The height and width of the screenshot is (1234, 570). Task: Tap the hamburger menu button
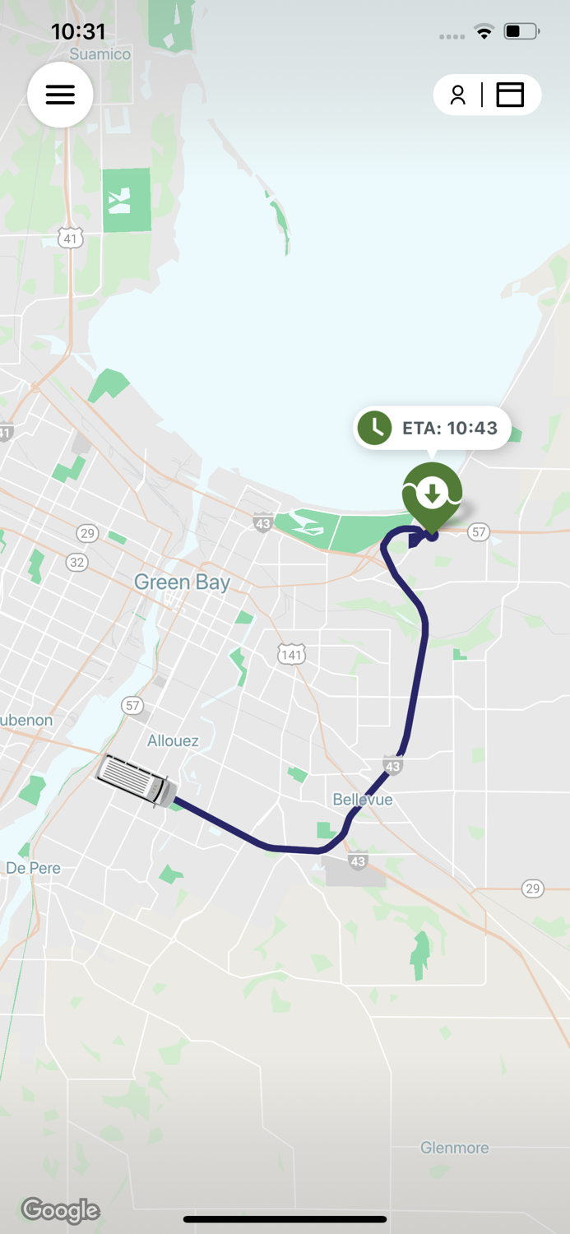point(60,95)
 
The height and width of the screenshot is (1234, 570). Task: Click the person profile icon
point(458,95)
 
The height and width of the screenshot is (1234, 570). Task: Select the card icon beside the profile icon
point(510,95)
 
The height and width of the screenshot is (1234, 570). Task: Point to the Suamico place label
point(100,54)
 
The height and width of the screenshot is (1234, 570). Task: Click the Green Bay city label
point(182,582)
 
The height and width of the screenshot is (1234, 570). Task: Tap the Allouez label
point(173,741)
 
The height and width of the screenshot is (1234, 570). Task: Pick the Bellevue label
point(363,800)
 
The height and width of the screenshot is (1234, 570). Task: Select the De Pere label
point(33,868)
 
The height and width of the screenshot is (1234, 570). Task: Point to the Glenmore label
point(454,1148)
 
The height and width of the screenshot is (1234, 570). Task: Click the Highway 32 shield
point(77,562)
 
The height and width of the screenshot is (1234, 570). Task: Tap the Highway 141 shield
point(291,655)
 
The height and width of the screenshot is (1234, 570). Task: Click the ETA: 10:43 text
point(450,429)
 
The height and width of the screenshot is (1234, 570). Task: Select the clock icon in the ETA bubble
point(375,428)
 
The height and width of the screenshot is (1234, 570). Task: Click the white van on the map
point(137,780)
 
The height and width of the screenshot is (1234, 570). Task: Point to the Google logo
point(61,1210)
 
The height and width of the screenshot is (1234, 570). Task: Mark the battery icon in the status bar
point(521,32)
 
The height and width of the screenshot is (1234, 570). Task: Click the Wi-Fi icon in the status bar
point(484,32)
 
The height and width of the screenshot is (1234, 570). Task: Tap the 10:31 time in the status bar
point(78,31)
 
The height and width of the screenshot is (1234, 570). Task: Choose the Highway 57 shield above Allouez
point(132,706)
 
